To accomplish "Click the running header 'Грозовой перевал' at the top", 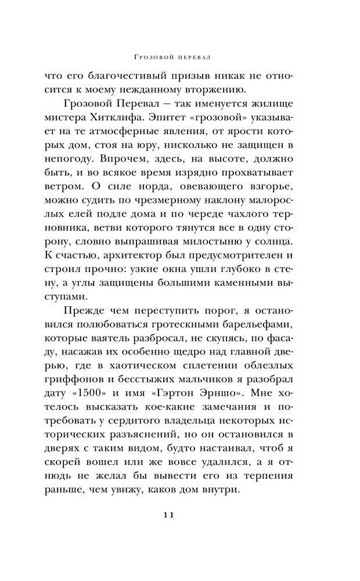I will coord(180,58).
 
